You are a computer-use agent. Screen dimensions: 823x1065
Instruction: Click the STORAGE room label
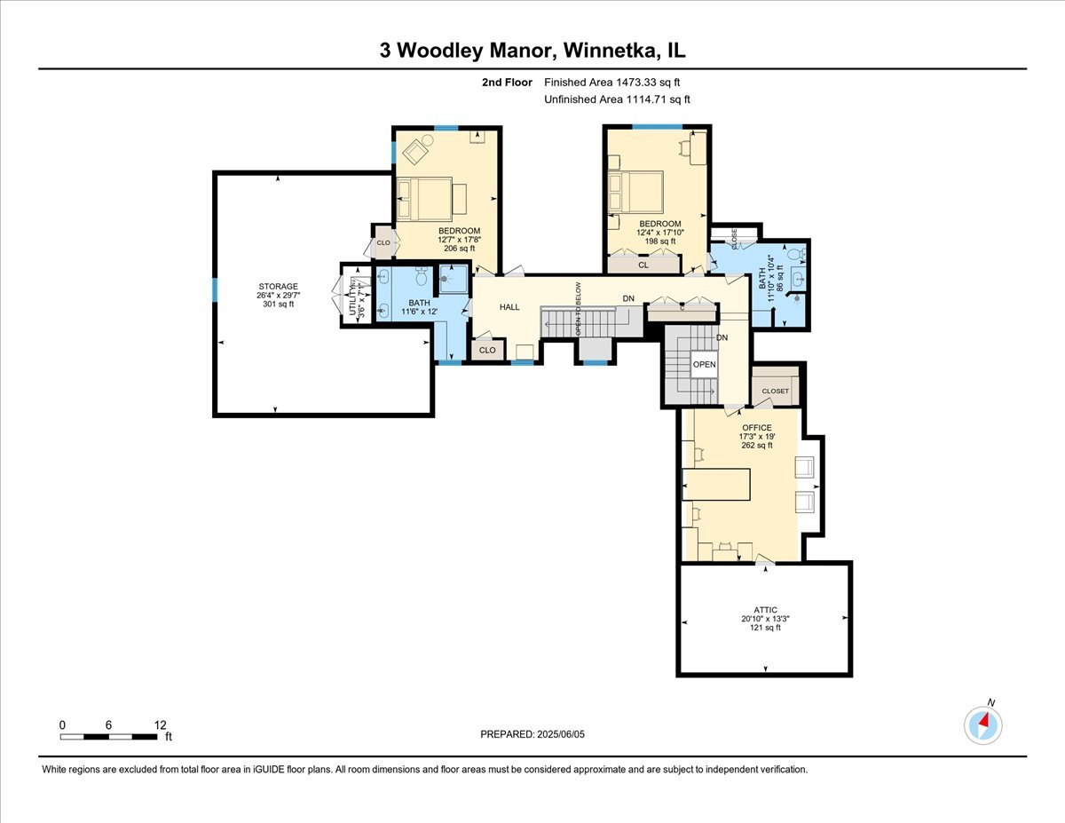coord(278,287)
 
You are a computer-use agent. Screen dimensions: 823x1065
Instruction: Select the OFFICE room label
coord(757,428)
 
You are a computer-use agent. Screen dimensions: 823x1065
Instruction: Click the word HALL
coord(509,307)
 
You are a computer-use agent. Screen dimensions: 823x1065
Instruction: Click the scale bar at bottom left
coord(109,736)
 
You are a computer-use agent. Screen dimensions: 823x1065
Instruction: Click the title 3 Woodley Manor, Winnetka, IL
coord(532,51)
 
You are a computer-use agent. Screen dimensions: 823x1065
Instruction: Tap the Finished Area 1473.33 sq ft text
coord(617,83)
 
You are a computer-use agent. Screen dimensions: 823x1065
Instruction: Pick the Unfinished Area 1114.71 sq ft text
coord(617,99)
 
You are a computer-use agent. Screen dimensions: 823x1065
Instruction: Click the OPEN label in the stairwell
coord(704,365)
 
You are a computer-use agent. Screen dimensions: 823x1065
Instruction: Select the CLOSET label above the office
coord(775,391)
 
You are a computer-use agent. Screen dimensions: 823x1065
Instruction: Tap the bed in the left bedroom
coord(425,197)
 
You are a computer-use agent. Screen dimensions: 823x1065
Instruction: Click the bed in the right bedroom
coord(636,192)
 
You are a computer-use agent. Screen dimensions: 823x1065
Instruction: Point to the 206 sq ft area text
coord(458,249)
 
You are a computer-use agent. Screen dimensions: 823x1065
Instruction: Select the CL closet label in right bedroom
coord(643,265)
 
